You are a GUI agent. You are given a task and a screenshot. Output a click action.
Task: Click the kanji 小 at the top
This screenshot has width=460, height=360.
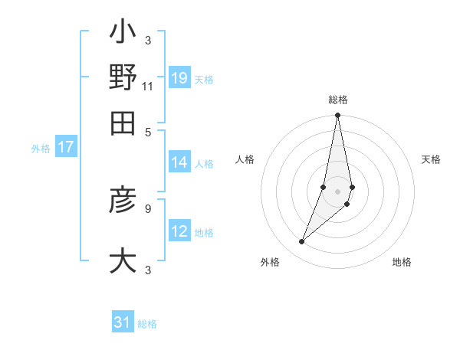click(x=123, y=34)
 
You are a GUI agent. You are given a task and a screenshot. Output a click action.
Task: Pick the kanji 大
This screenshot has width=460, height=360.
click(x=123, y=260)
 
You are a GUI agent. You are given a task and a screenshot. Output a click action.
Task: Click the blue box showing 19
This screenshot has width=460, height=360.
click(x=179, y=78)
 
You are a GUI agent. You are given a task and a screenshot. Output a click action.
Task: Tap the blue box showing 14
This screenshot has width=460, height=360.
click(x=179, y=162)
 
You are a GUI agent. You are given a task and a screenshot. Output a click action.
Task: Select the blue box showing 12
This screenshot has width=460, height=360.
click(x=179, y=231)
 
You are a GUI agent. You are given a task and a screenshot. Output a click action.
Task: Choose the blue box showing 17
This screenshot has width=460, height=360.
click(x=66, y=148)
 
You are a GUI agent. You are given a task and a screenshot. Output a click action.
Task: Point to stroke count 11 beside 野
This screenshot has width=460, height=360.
click(x=148, y=86)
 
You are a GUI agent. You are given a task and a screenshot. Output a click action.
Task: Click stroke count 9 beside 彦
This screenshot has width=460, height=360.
click(x=148, y=207)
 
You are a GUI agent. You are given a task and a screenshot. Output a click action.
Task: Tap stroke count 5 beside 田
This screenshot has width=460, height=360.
click(x=148, y=132)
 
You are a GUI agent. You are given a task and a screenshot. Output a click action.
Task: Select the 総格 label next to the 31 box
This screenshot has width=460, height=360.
click(x=147, y=324)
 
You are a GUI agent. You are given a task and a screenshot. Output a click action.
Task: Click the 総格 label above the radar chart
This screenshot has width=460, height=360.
click(x=338, y=100)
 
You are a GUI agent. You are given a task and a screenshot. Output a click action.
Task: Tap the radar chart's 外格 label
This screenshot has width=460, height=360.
click(x=270, y=262)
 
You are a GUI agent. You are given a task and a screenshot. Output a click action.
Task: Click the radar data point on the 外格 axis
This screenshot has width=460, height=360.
click(x=302, y=242)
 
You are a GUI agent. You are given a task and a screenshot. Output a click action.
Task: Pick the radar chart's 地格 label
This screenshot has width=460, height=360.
click(x=402, y=262)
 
